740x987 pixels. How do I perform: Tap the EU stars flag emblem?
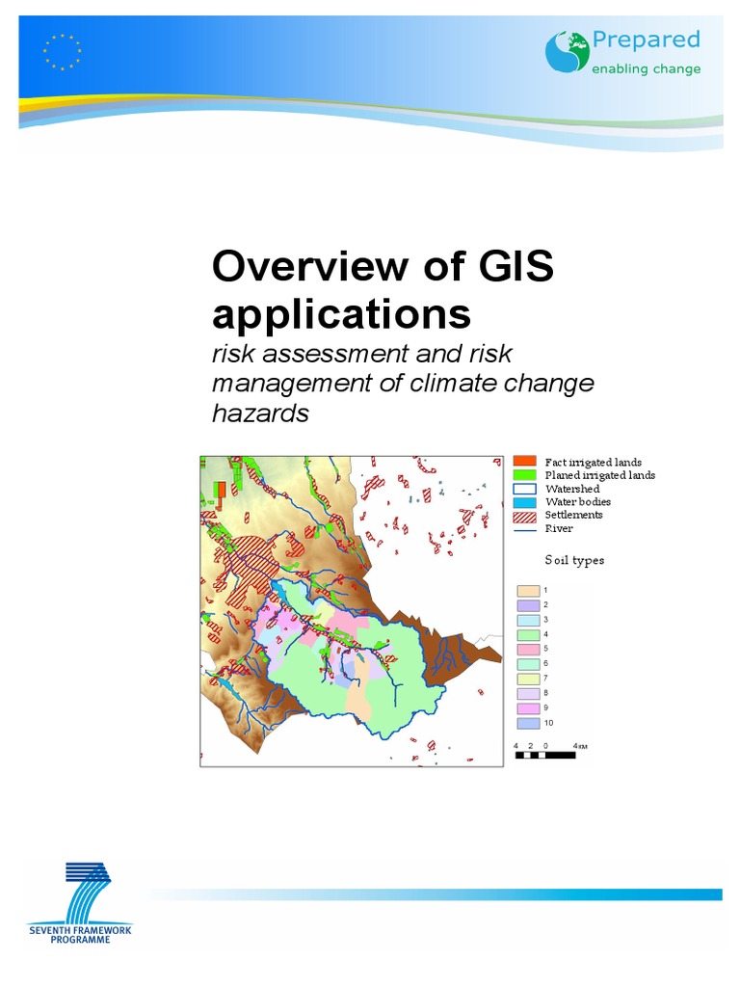click(x=63, y=51)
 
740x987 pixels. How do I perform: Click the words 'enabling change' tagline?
click(x=646, y=69)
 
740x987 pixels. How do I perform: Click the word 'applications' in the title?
click(x=342, y=314)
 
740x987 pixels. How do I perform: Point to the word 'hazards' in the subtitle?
click(x=260, y=413)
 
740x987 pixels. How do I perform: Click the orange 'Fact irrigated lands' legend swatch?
click(x=524, y=462)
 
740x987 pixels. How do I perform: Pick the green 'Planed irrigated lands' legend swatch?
click(x=524, y=475)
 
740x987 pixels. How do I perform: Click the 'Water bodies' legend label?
click(x=578, y=501)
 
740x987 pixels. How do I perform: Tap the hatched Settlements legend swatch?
click(x=524, y=515)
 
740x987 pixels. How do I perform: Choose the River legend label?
click(x=560, y=527)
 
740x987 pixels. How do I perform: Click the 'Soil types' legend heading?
click(x=575, y=560)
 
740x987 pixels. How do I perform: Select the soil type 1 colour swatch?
click(x=527, y=590)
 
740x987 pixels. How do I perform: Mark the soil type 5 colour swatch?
click(x=527, y=649)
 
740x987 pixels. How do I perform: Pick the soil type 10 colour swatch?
click(x=527, y=723)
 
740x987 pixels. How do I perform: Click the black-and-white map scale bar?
click(x=549, y=756)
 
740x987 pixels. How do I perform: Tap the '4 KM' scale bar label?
click(x=580, y=746)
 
